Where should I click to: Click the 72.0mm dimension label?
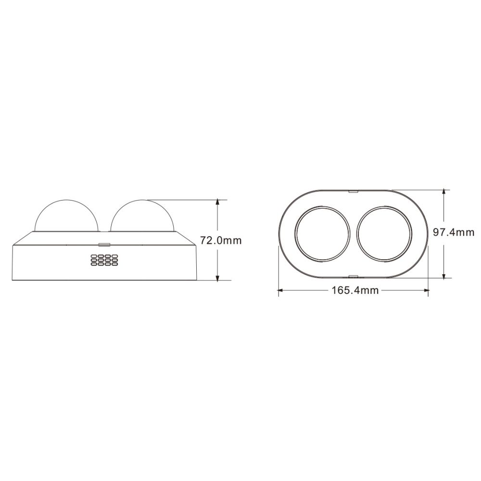(221, 240)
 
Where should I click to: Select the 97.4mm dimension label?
(454, 232)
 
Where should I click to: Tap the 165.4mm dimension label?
(355, 290)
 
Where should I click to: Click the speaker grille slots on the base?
(104, 260)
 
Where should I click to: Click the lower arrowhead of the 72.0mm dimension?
(217, 278)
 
